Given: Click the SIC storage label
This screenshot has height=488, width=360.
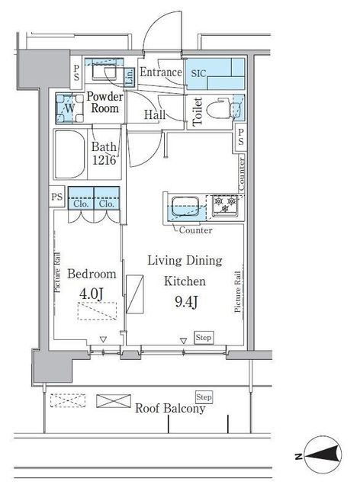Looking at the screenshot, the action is tap(198, 73).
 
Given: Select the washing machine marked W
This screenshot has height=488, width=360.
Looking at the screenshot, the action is tap(69, 108).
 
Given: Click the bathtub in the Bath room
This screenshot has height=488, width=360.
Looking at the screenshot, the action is tap(70, 154).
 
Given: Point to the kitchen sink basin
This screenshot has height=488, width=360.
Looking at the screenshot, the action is tap(185, 207).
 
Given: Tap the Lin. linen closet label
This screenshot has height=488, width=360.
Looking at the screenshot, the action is tap(129, 77).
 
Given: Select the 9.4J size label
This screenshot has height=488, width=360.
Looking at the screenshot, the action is tap(186, 301).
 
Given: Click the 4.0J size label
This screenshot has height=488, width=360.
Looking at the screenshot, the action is tap(91, 294).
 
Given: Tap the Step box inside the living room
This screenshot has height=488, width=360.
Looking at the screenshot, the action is tap(204, 337).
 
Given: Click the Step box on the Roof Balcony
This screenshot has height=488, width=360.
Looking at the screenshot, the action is tap(204, 397).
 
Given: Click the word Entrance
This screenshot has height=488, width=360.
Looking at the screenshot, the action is tap(161, 72).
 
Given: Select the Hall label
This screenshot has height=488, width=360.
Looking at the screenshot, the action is tap(155, 114).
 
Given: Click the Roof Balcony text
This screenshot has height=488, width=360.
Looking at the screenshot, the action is tap(170, 409).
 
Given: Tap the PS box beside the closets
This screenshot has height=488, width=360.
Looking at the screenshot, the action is tap(57, 197).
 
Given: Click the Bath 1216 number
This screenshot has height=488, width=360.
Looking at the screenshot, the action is tap(104, 160).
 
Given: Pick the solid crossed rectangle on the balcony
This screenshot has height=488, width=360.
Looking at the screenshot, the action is tap(114, 401).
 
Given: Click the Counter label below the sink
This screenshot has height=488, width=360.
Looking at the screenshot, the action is tap(195, 230).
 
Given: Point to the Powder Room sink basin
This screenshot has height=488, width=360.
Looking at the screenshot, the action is tap(104, 71).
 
